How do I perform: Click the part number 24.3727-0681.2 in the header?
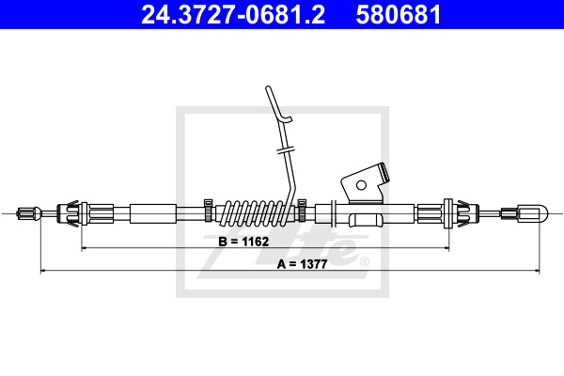pyautogui.click(x=233, y=14)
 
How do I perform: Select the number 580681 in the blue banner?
pyautogui.click(x=399, y=14)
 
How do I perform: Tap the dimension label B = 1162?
pyautogui.click(x=243, y=242)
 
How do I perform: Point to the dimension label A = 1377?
pyautogui.click(x=302, y=264)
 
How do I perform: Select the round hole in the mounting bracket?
pyautogui.click(x=361, y=185)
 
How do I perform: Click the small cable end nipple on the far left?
pyautogui.click(x=29, y=213)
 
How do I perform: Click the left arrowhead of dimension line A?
pyautogui.click(x=41, y=270)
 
